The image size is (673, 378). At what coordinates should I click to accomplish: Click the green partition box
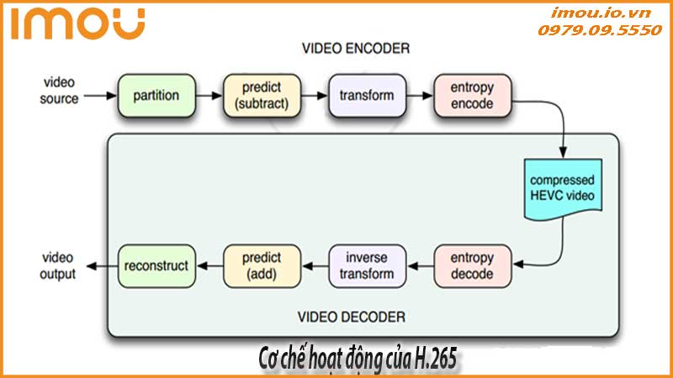(156, 95)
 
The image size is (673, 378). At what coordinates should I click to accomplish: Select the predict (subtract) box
(262, 95)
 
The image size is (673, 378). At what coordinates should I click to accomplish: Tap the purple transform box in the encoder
(367, 95)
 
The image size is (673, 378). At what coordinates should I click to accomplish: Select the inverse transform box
(367, 265)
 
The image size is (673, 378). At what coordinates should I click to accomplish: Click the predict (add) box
(262, 265)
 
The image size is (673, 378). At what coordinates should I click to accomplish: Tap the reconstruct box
(156, 265)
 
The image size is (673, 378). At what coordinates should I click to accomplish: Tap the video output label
(60, 265)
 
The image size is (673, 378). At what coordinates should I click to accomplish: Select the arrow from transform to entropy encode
(420, 95)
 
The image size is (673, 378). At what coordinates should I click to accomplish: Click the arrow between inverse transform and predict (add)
(315, 265)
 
